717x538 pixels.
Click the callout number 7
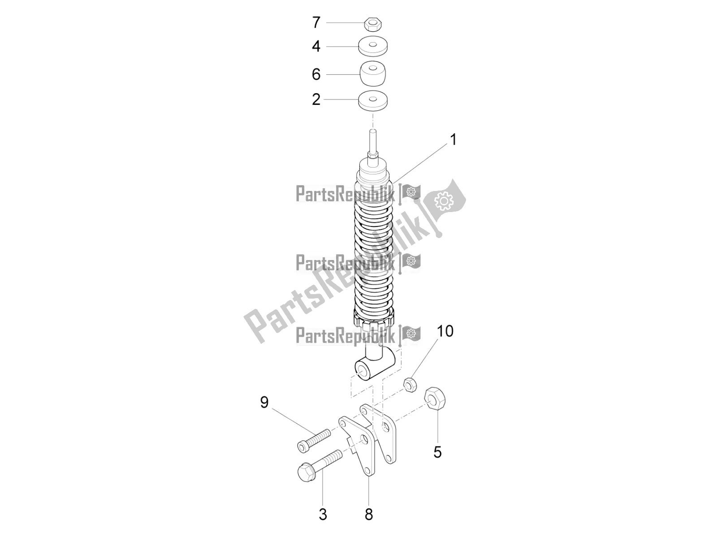click(x=316, y=22)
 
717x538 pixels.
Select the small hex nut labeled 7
click(x=373, y=24)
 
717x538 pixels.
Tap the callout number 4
click(x=316, y=46)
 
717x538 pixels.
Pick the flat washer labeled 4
click(x=373, y=46)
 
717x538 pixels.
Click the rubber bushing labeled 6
click(x=373, y=74)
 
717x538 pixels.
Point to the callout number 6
click(x=316, y=74)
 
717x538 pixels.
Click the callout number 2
click(x=316, y=99)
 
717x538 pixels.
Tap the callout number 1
click(x=453, y=139)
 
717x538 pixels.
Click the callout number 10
click(x=445, y=331)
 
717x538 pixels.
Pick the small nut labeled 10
click(x=410, y=385)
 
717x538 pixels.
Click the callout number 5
click(x=438, y=452)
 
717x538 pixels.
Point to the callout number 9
click(x=264, y=403)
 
